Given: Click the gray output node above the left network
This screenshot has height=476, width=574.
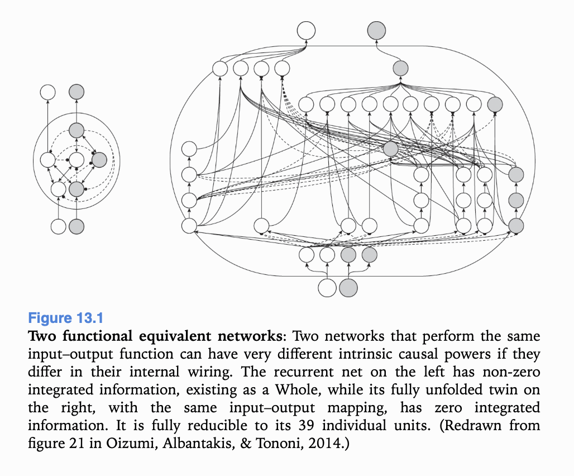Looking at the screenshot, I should coord(76,92).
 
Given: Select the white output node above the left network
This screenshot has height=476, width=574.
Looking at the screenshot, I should coord(47,92).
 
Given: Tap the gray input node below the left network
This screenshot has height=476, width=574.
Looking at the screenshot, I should coord(76,226).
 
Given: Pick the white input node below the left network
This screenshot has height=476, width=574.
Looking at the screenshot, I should coord(58,226).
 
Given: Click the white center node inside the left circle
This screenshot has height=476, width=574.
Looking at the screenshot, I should coord(76,160).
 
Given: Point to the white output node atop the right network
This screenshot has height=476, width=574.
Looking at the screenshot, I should coord(306,30).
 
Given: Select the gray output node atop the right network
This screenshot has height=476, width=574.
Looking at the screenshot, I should coord(377,30).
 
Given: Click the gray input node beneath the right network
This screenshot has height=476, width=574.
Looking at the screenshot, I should coord(347,288).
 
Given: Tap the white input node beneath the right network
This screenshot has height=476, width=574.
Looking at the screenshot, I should coord(327,288).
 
